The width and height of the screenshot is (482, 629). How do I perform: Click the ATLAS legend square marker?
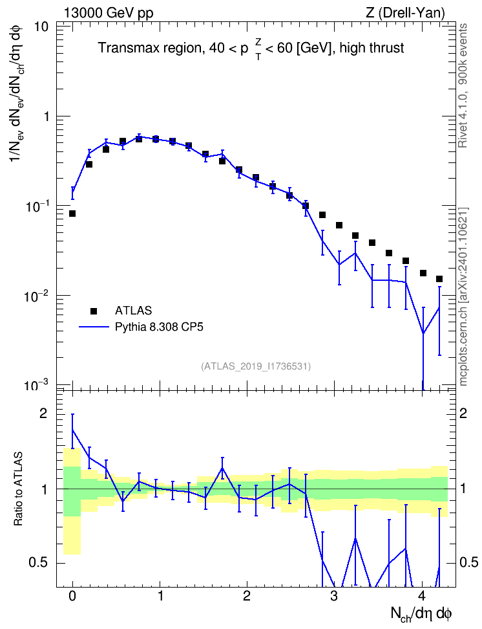point(94,311)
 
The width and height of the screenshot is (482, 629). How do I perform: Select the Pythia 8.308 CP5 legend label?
point(159,327)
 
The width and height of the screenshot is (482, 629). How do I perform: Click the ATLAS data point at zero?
point(72,214)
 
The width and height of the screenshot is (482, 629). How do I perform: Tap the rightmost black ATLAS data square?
point(439,279)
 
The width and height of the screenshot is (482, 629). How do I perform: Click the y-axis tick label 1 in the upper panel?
point(45,116)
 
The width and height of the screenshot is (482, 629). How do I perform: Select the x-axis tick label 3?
point(334,596)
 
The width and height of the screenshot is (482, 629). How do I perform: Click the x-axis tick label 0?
point(72,596)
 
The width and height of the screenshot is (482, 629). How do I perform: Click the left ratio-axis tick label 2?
point(43,414)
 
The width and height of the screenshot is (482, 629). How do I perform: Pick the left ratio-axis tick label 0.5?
point(38,563)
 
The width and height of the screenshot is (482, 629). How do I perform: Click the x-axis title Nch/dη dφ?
point(421,614)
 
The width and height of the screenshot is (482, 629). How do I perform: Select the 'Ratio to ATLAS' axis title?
point(18,489)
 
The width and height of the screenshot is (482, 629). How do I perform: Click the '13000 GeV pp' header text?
point(109,13)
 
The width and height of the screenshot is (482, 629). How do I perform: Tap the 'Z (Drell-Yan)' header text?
point(405,13)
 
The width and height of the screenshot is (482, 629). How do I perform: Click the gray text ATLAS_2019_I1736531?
point(256,366)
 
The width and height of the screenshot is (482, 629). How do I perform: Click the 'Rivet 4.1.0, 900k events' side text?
point(463,85)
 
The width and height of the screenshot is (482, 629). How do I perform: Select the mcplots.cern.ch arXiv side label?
point(463,296)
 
